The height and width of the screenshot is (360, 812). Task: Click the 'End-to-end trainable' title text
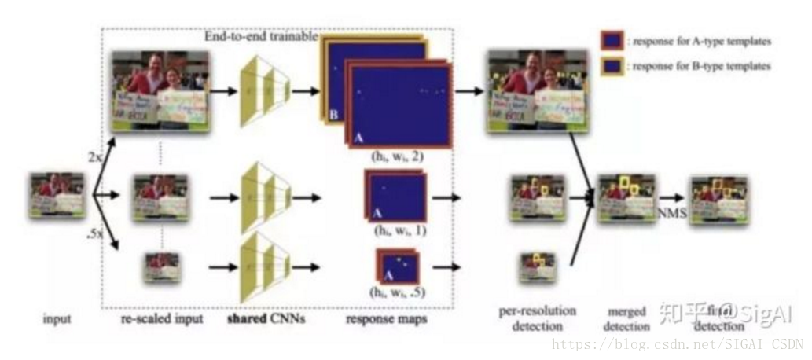click(x=261, y=36)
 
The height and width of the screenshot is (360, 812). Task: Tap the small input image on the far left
click(x=57, y=196)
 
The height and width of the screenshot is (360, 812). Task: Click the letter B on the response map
click(x=333, y=116)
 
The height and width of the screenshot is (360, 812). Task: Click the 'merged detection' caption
click(x=626, y=320)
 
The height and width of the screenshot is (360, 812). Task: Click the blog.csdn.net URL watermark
click(x=676, y=344)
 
